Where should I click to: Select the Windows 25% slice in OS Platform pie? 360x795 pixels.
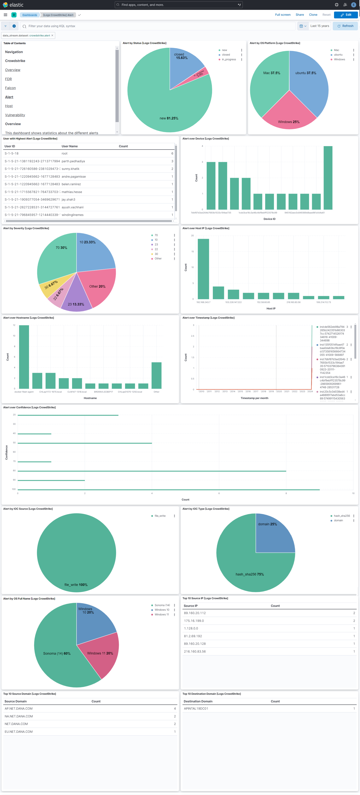(x=289, y=114)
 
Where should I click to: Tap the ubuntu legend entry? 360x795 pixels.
(x=338, y=55)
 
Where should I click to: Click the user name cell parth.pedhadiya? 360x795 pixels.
(x=73, y=161)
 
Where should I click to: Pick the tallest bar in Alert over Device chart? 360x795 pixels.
(x=328, y=178)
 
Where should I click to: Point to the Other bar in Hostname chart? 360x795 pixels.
(x=156, y=375)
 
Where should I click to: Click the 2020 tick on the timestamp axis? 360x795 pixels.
(x=279, y=391)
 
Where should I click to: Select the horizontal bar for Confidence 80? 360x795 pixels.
(x=152, y=471)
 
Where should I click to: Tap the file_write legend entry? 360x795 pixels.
(x=160, y=516)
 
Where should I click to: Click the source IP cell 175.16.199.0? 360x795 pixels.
(x=194, y=621)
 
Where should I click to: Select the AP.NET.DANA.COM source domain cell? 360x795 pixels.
(x=19, y=709)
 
